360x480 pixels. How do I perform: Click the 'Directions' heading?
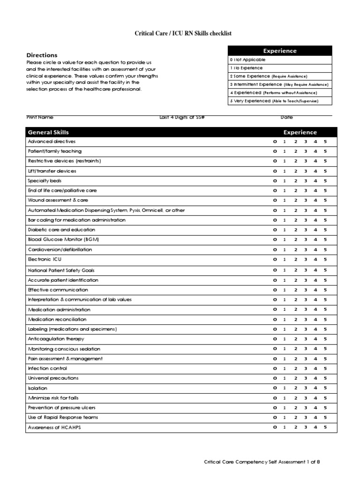pyautogui.click(x=42, y=55)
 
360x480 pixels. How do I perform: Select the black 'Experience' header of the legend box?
pyautogui.click(x=280, y=51)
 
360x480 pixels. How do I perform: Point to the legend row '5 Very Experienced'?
pyautogui.click(x=280, y=101)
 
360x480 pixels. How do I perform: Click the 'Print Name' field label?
pyautogui.click(x=40, y=117)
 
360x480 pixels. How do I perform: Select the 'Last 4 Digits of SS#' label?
pyautogui.click(x=182, y=117)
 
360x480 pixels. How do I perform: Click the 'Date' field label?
pyautogui.click(x=286, y=117)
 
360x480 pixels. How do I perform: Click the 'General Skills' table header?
pyautogui.click(x=48, y=132)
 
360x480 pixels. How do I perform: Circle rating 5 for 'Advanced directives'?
pyautogui.click(x=325, y=142)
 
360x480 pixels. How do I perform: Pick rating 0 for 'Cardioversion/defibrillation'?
pyautogui.click(x=275, y=249)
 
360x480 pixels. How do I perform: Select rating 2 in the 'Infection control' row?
pyautogui.click(x=296, y=368)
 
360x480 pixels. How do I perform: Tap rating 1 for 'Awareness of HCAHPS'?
pyautogui.click(x=285, y=427)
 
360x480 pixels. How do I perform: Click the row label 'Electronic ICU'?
pyautogui.click(x=45, y=259)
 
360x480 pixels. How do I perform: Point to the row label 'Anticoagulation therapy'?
pyautogui.click(x=56, y=339)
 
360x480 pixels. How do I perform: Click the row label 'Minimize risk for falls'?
pyautogui.click(x=53, y=398)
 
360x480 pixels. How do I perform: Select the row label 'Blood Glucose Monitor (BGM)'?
pyautogui.click(x=63, y=240)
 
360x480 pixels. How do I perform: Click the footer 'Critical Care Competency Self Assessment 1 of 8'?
pyautogui.click(x=262, y=462)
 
